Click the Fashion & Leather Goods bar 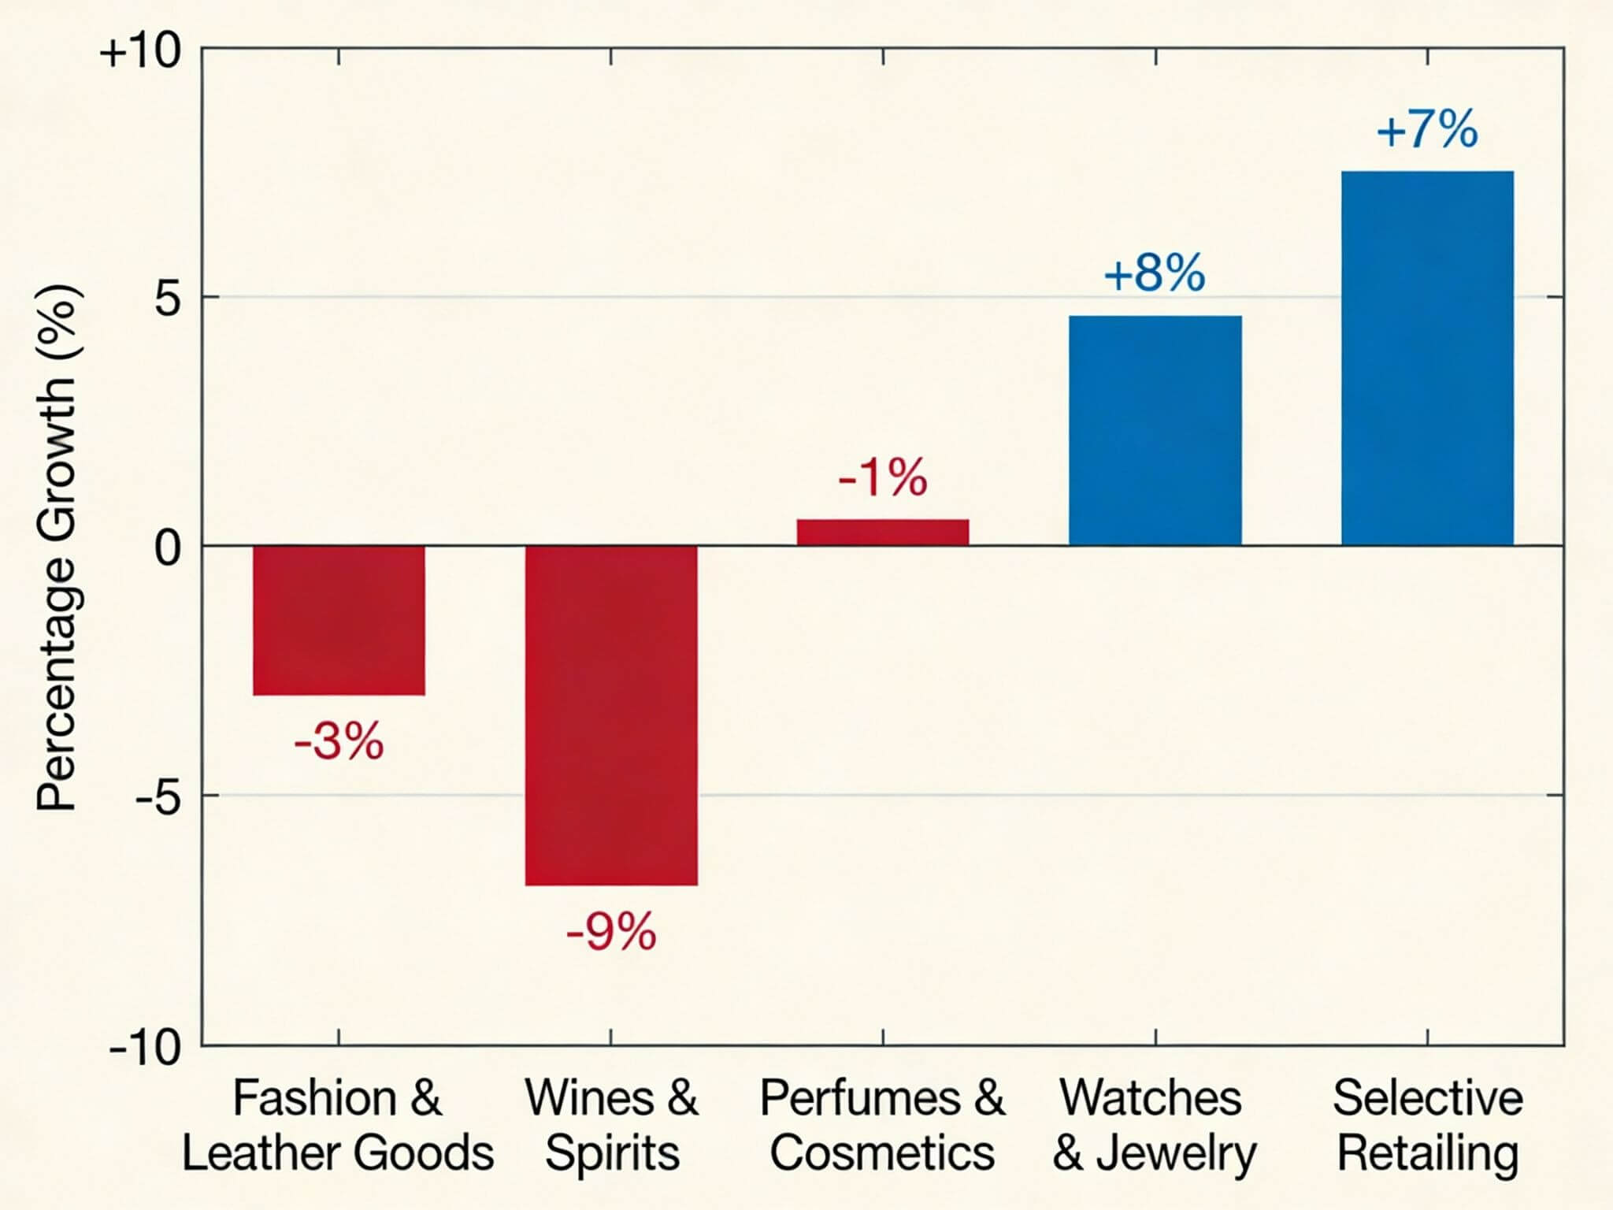click(339, 620)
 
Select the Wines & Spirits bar click(611, 714)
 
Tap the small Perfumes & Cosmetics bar click(883, 532)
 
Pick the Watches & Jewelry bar click(1155, 430)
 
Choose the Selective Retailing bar click(1427, 358)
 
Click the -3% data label click(339, 740)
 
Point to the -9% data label click(611, 932)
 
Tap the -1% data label click(883, 477)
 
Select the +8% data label click(1155, 273)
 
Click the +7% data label click(1427, 130)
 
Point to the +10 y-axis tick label click(140, 53)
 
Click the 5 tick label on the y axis click(168, 299)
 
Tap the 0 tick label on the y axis click(168, 547)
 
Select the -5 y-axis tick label click(158, 797)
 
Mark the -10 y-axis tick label click(146, 1048)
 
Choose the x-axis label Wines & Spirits click(611, 1125)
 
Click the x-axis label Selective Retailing click(1427, 1125)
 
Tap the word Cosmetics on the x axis click(882, 1153)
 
